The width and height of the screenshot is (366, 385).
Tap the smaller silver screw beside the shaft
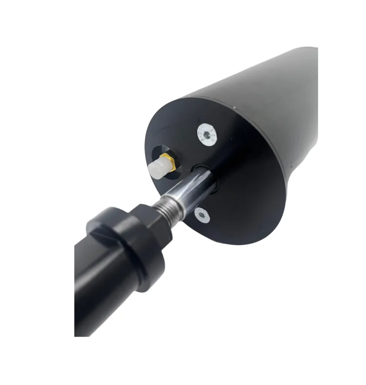(202, 216)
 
